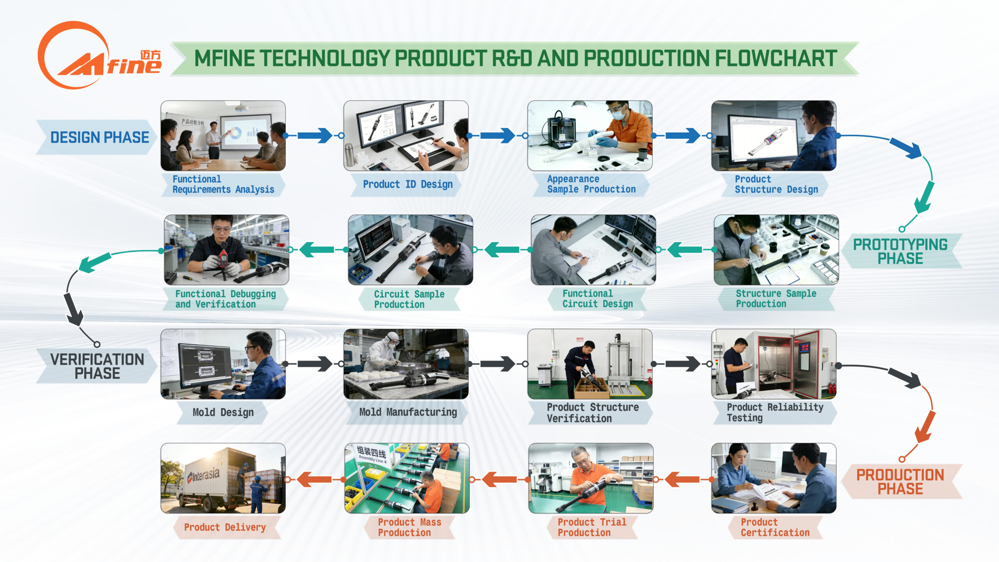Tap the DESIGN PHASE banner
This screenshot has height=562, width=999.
tap(100, 137)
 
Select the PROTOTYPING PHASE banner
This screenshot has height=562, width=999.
tap(900, 251)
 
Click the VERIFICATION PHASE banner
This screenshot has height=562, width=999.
tap(97, 366)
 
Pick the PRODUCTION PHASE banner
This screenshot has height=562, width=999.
tap(900, 482)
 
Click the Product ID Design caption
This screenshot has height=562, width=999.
tap(407, 184)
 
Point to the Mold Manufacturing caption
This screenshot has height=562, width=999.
tap(408, 412)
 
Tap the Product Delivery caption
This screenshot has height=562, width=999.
tap(225, 527)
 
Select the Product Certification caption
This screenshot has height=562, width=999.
tap(775, 527)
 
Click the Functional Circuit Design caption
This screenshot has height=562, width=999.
tap(597, 299)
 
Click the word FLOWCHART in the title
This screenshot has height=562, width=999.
tap(776, 59)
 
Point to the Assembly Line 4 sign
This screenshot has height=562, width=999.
tap(372, 455)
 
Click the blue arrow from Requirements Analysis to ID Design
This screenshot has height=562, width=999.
tap(315, 135)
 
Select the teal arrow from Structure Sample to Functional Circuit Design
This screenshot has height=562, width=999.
tap(685, 249)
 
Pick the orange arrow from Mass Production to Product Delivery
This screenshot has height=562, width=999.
tap(315, 479)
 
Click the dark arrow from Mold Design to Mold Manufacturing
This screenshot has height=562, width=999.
tap(315, 364)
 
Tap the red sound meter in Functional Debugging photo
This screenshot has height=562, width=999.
tap(223, 258)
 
